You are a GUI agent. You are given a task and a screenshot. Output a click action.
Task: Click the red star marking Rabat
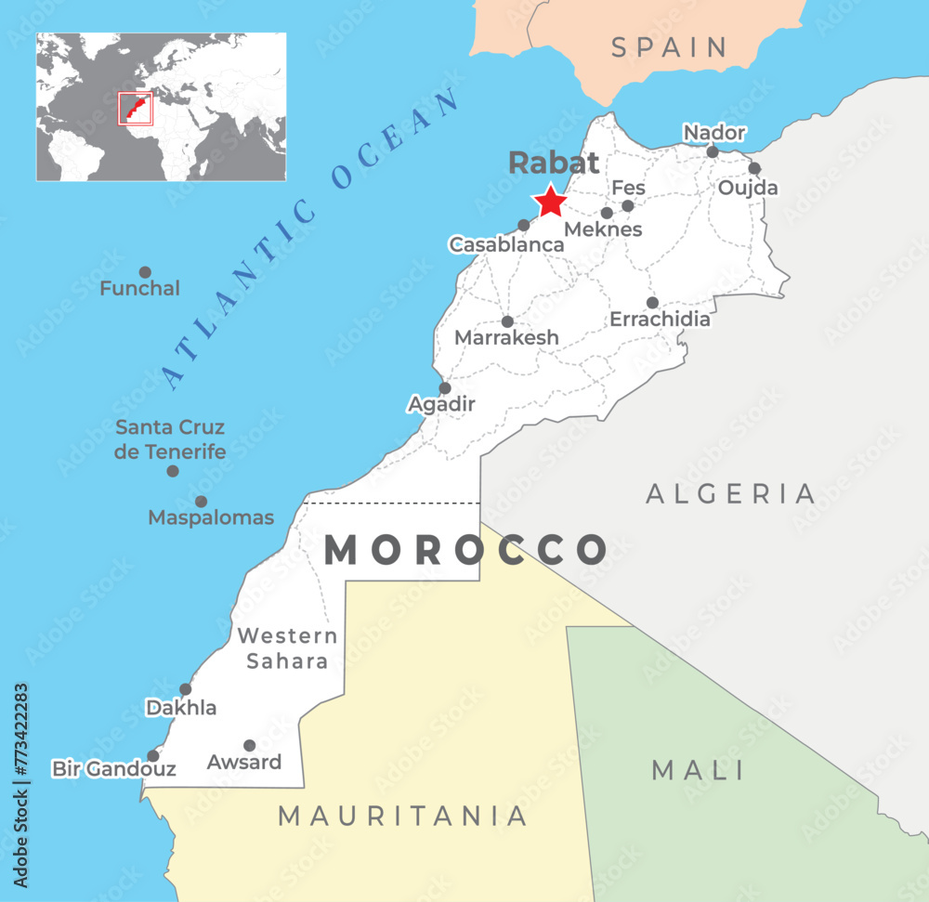pos(550,201)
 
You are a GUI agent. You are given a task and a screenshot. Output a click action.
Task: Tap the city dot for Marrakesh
pos(507,321)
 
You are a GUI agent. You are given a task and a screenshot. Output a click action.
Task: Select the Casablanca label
pos(506,244)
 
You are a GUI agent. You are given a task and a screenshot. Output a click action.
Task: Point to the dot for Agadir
pos(445,388)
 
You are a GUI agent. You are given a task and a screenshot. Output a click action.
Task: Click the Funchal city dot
pos(145,272)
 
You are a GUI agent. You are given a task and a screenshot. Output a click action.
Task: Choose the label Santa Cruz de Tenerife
pos(170,439)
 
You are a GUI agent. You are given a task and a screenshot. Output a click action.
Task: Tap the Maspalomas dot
pos(201,502)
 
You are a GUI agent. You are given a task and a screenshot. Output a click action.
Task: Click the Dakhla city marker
pos(186,689)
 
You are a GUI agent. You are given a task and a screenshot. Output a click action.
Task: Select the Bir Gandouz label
pos(114,769)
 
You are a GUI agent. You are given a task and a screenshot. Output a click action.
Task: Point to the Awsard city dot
pos(249,745)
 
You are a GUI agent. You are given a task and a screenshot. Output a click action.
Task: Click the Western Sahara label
pos(287,648)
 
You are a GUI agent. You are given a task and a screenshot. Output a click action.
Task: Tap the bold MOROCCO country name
pos(465,550)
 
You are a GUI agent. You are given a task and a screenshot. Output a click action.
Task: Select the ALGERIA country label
pos(731,493)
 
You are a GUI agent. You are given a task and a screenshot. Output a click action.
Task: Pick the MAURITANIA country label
pos(403,816)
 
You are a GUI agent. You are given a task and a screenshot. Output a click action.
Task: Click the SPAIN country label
pos(669,47)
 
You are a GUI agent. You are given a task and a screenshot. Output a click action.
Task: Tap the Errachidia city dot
pos(652,303)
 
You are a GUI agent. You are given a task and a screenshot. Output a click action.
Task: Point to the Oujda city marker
pos(754,168)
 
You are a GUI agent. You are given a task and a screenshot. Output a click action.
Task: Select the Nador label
pos(714,133)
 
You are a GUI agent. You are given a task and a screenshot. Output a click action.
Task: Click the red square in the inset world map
pos(135,108)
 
